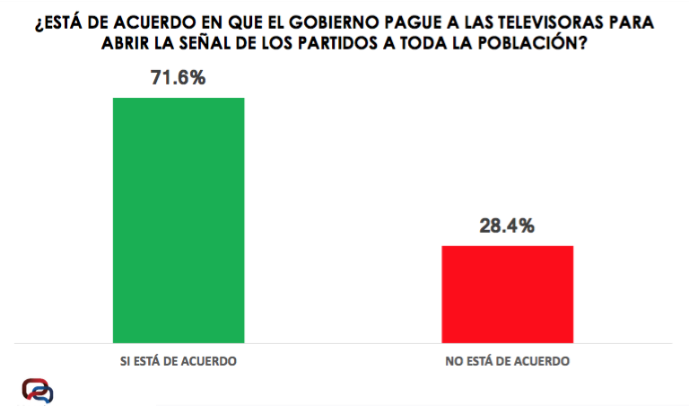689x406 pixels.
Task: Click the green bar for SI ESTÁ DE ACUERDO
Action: coord(178,219)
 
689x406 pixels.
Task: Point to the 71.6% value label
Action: coord(178,78)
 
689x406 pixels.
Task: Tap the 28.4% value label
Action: coord(507,226)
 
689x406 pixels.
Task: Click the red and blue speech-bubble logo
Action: coord(38,390)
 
